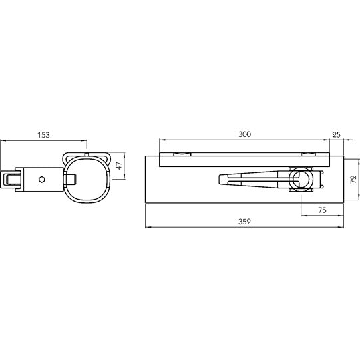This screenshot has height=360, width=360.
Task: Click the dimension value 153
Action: [44, 135]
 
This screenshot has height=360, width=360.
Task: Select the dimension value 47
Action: [120, 166]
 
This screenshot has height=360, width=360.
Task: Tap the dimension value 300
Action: [244, 134]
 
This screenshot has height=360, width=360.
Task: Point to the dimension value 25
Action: [336, 135]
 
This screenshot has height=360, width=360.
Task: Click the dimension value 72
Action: [354, 179]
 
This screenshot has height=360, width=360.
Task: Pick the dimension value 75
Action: [322, 210]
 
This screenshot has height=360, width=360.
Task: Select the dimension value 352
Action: [244, 222]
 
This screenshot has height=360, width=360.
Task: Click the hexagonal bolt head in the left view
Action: [41, 179]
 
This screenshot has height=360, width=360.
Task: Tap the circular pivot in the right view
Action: [300, 179]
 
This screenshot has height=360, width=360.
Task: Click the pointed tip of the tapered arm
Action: [219, 179]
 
